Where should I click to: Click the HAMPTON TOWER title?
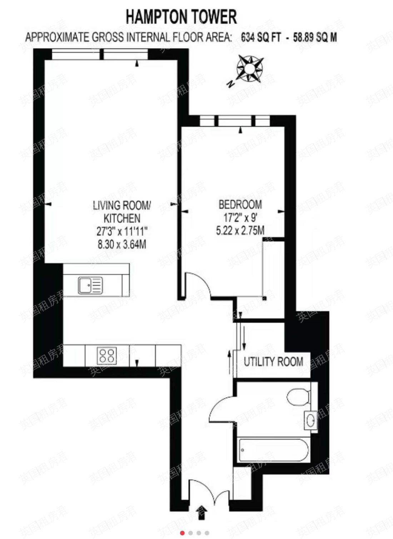click(x=181, y=16)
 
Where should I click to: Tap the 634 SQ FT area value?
click(x=260, y=38)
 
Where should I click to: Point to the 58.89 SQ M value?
click(x=315, y=38)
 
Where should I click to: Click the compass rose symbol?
click(x=250, y=69)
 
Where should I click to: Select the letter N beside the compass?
click(x=231, y=84)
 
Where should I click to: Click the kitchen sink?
click(x=90, y=285)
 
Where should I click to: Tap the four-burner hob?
click(x=107, y=355)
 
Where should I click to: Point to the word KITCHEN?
click(x=122, y=218)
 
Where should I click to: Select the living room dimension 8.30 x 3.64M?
click(x=122, y=245)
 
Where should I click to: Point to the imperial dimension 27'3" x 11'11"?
click(x=122, y=232)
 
